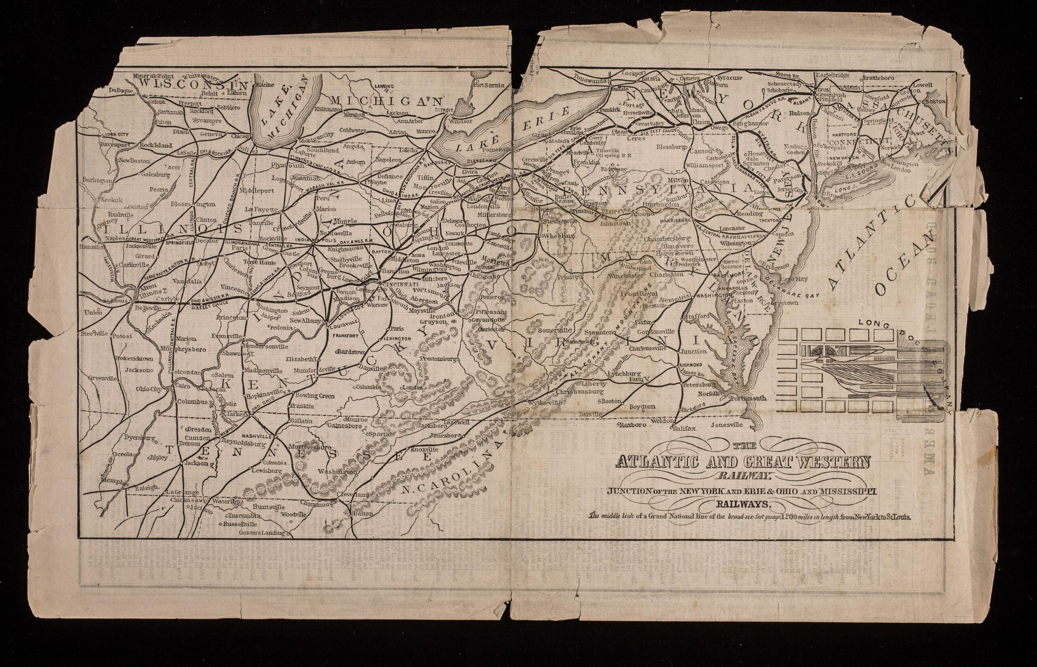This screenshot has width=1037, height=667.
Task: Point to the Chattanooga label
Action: point(327,505)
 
